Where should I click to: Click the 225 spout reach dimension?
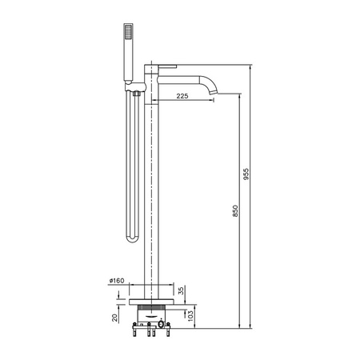pos(182,96)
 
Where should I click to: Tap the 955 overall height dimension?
pos(246,174)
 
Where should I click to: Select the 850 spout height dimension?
pos(235,210)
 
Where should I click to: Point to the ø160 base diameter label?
pos(117,281)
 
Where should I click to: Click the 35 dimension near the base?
pos(181,290)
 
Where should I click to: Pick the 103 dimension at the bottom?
pos(190,316)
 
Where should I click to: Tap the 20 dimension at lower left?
pos(114,318)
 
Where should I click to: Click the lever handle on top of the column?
pos(167,66)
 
